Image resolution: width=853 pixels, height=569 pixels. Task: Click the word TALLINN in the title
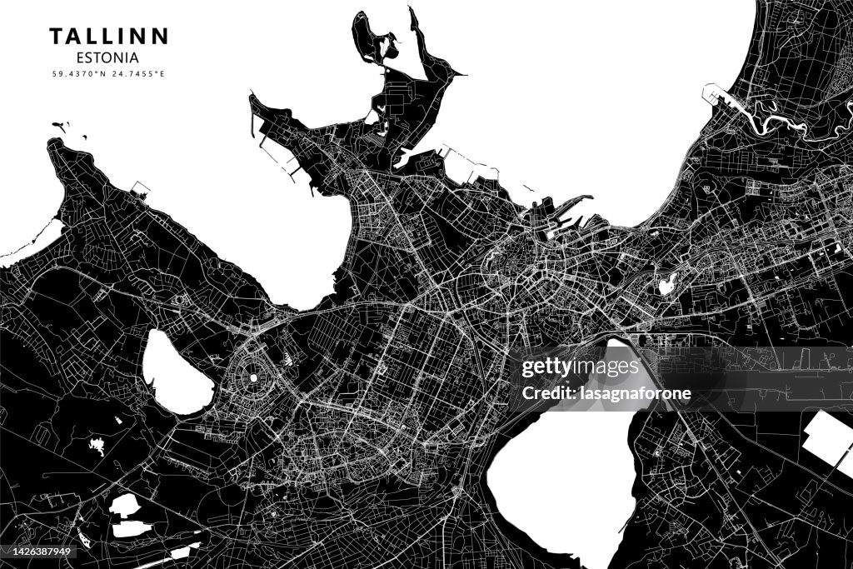tap(108, 36)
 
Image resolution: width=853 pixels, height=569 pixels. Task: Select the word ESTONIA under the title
tap(107, 58)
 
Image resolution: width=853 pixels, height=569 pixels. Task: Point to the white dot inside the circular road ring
tap(252, 377)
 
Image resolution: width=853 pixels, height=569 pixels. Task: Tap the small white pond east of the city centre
tap(666, 286)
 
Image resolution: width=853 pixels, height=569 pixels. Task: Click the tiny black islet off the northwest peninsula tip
tap(58, 126)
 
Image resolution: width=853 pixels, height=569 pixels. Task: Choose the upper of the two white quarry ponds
tap(125, 505)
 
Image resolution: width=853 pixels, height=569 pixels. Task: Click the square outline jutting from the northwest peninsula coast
tap(141, 189)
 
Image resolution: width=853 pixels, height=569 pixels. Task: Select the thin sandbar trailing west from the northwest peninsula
tap(29, 246)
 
